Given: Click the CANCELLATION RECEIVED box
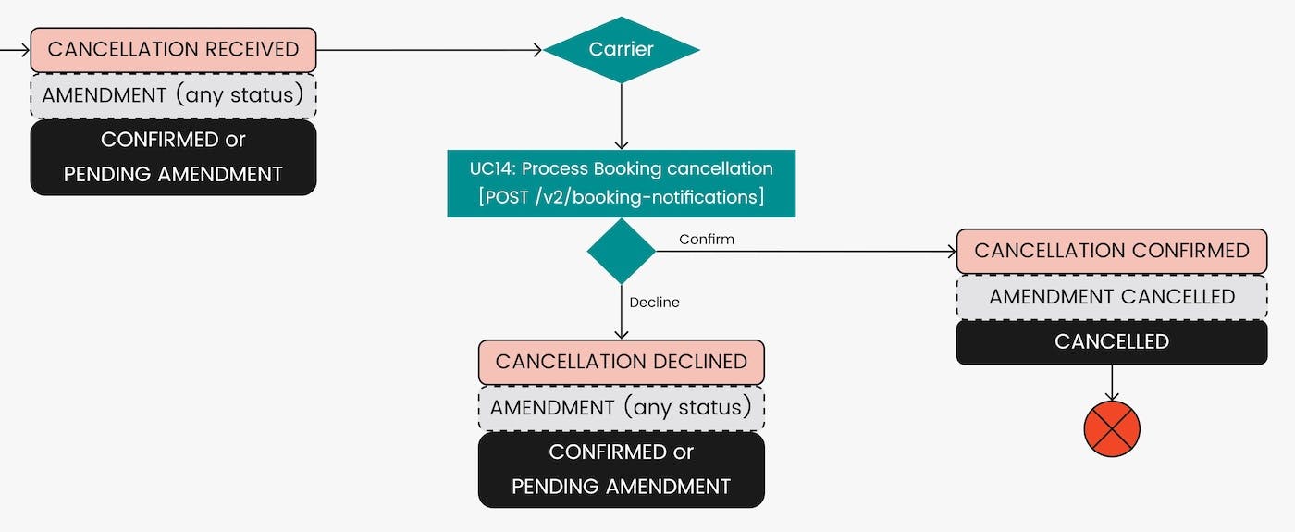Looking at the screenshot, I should pyautogui.click(x=173, y=50).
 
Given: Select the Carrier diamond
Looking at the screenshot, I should pyautogui.click(x=622, y=50).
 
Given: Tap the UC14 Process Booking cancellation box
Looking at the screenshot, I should pyautogui.click(x=621, y=182).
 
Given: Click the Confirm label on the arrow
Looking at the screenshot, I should pyautogui.click(x=707, y=240).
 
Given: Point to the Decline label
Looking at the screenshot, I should pyautogui.click(x=654, y=303).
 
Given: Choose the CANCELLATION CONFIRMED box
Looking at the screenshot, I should pyautogui.click(x=1111, y=251).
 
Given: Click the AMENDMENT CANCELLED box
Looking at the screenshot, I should pyautogui.click(x=1111, y=297).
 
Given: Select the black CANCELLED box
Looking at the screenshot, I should pyautogui.click(x=1111, y=341).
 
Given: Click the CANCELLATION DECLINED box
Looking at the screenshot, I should pyautogui.click(x=621, y=362).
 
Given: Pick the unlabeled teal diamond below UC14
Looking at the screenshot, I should pyautogui.click(x=622, y=251).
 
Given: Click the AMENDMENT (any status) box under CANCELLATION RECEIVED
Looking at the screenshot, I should pyautogui.click(x=173, y=95).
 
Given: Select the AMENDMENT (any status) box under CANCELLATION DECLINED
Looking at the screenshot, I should pyautogui.click(x=621, y=408).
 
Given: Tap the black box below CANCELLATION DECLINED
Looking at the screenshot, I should pyautogui.click(x=621, y=469).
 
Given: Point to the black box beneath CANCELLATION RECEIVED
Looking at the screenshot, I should pyautogui.click(x=173, y=157).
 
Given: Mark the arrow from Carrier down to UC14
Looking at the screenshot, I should pyautogui.click(x=622, y=117).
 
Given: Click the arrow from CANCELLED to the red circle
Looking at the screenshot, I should pyautogui.click(x=1111, y=383).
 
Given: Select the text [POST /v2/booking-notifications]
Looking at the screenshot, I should pyautogui.click(x=621, y=196).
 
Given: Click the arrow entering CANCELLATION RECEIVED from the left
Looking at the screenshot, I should pyautogui.click(x=15, y=50).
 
